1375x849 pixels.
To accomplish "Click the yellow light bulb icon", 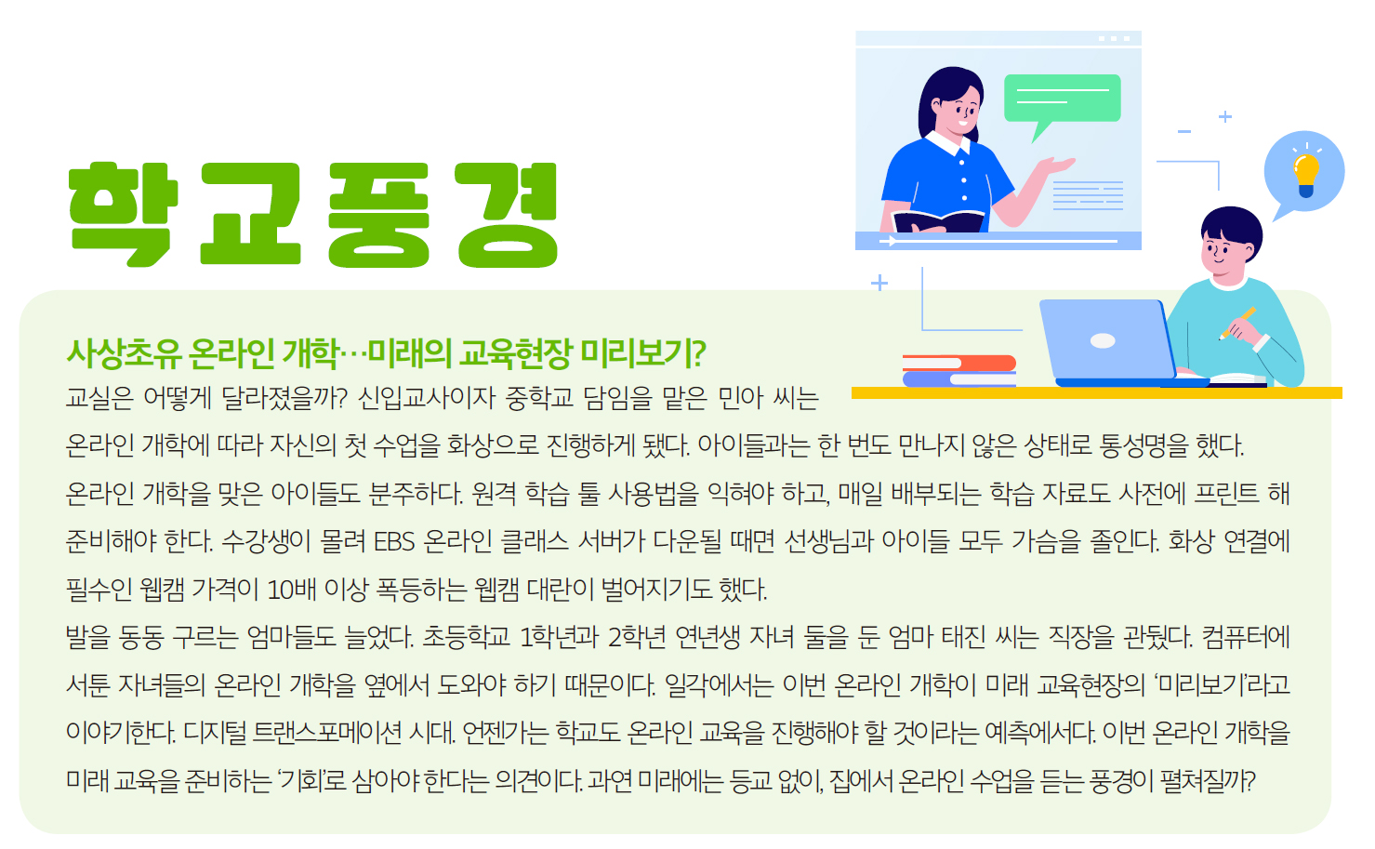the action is click(x=1305, y=175).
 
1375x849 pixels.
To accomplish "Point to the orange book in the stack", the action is click(x=959, y=363).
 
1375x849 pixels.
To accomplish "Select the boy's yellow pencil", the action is click(x=1236, y=323).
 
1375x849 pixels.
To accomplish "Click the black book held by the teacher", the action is click(x=939, y=221).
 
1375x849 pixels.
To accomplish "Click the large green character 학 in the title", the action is click(x=123, y=214).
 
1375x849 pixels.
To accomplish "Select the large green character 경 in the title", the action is click(x=507, y=215).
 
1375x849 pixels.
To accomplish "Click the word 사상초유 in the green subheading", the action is click(x=124, y=354).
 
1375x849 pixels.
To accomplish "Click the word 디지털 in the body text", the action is click(x=215, y=733).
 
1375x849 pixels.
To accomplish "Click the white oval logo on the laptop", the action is click(x=1103, y=340).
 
